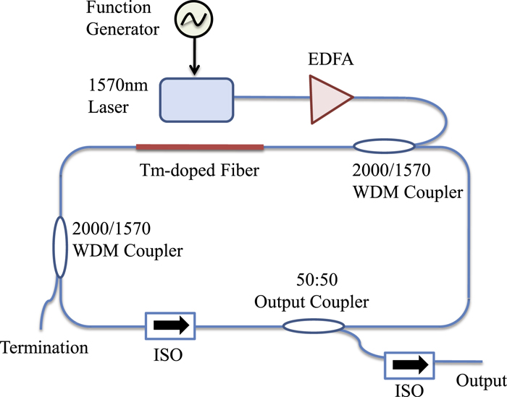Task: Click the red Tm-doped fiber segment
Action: click(200, 148)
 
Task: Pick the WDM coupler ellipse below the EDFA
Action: click(382, 148)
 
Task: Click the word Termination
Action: click(44, 348)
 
